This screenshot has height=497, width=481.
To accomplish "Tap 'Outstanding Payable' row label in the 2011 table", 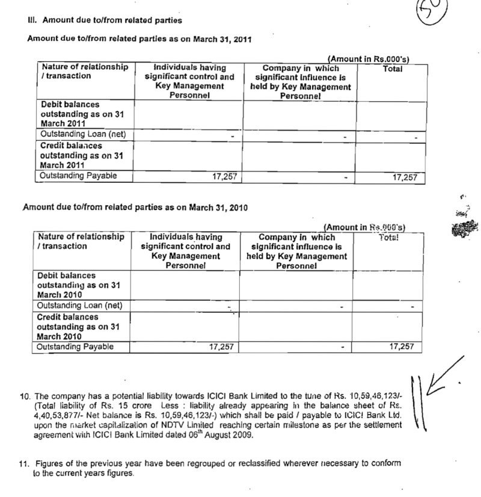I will (x=78, y=176).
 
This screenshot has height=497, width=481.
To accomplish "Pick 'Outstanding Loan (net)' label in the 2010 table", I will (x=79, y=306).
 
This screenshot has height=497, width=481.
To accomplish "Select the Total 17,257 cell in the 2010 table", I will (x=402, y=347).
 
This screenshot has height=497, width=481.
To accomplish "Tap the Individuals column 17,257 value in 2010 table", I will (x=221, y=347).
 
